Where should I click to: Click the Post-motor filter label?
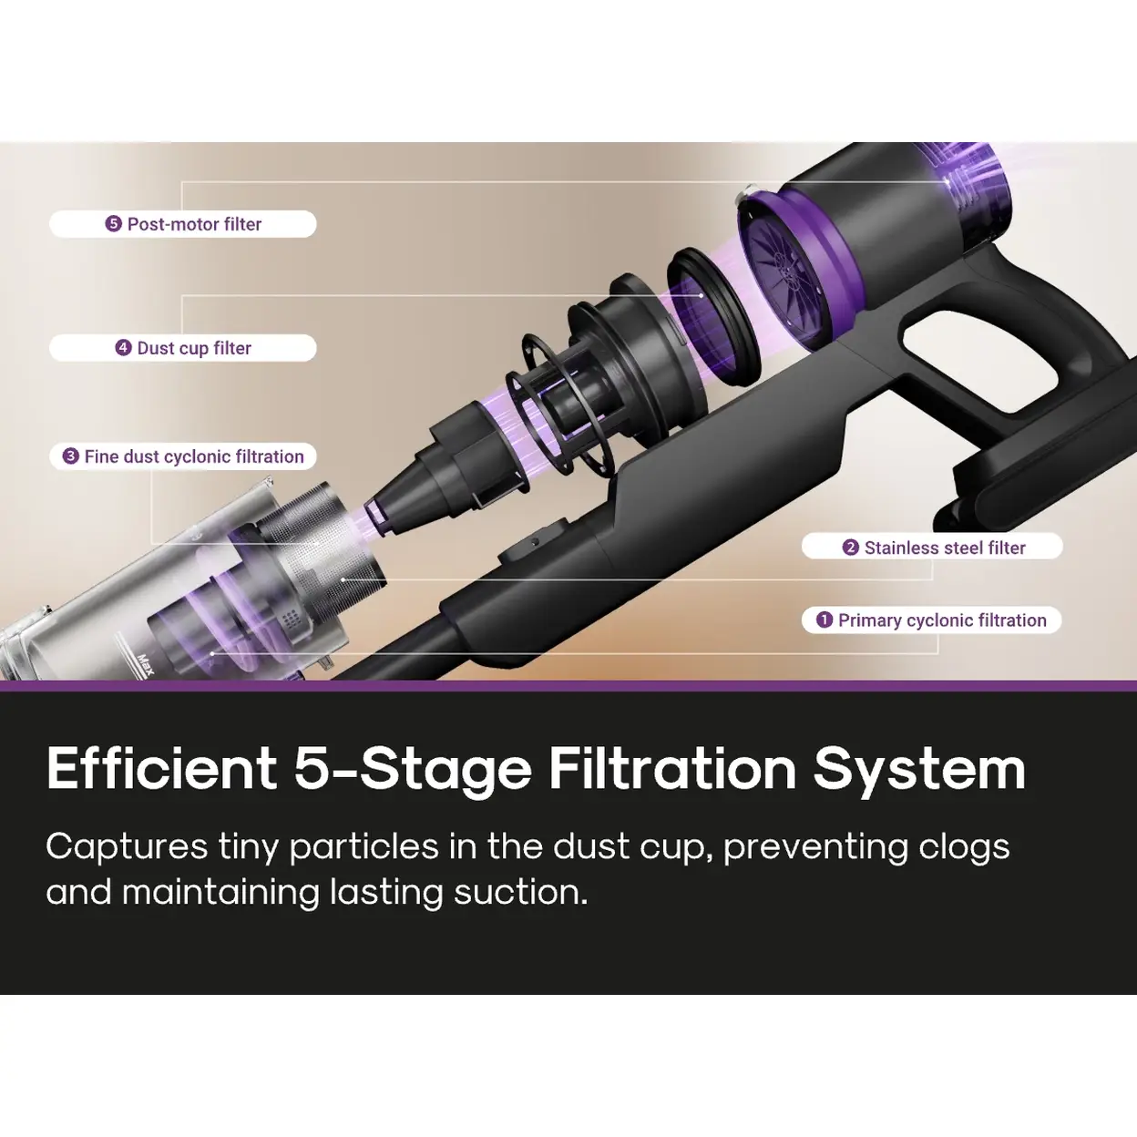pyautogui.click(x=183, y=224)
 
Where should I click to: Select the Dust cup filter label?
pyautogui.click(x=183, y=348)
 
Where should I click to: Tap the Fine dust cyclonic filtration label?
pyautogui.click(x=183, y=456)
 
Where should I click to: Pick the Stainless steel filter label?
pyautogui.click(x=932, y=547)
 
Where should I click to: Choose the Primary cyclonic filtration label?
pyautogui.click(x=932, y=620)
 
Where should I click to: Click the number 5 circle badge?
pyautogui.click(x=113, y=224)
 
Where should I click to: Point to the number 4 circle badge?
pyautogui.click(x=123, y=348)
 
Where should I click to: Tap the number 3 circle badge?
pyautogui.click(x=71, y=456)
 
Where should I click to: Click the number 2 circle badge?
pyautogui.click(x=850, y=548)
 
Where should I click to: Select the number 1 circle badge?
pyautogui.click(x=825, y=620)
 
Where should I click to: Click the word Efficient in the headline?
pyautogui.click(x=161, y=770)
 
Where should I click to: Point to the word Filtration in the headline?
pyautogui.click(x=672, y=770)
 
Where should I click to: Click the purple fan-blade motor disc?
pyautogui.click(x=794, y=271)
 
